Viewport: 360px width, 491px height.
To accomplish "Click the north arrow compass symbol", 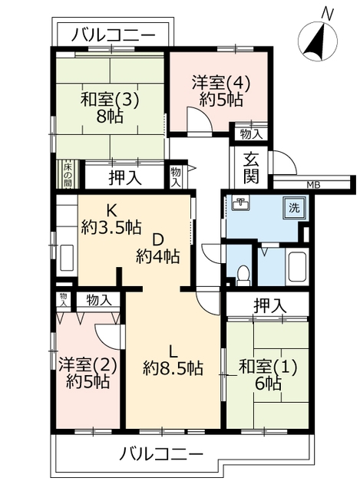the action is [317, 39].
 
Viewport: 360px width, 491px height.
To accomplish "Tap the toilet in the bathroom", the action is [243, 275].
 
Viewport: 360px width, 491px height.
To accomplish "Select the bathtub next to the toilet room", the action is [297, 266].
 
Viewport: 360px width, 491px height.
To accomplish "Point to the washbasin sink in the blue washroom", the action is [240, 204].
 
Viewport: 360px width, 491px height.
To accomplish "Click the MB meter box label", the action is [313, 185].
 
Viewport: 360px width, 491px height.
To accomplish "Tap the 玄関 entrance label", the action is [252, 167].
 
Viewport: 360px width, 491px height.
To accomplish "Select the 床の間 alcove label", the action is [68, 175].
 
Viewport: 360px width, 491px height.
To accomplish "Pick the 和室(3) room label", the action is [110, 101].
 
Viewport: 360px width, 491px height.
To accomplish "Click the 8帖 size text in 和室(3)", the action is [110, 117].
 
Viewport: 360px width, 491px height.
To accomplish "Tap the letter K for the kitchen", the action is [111, 211].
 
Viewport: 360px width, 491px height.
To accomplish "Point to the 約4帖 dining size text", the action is [157, 257].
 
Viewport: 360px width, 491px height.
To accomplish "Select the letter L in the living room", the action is [173, 352].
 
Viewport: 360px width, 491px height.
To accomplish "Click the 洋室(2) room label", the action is [88, 365].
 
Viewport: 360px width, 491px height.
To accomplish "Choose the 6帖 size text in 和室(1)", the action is [268, 384].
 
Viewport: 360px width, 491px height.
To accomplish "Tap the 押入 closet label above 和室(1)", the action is [270, 306].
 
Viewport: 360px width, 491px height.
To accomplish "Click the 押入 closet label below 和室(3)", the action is [125, 178].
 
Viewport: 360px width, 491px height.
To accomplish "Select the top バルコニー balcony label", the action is [114, 35].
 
